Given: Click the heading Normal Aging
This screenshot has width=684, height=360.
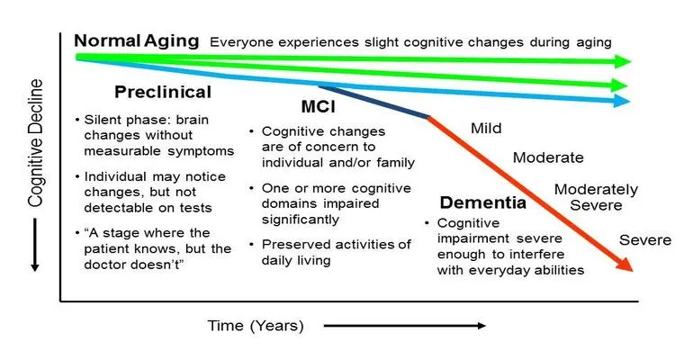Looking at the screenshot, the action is pyautogui.click(x=137, y=41).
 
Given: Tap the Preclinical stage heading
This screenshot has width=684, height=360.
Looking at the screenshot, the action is pyautogui.click(x=163, y=92).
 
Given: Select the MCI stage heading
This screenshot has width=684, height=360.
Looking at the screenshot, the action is pyautogui.click(x=319, y=106).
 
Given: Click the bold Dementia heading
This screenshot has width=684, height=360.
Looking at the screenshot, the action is pyautogui.click(x=483, y=202).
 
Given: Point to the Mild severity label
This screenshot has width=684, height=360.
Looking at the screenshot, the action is pyautogui.click(x=486, y=129).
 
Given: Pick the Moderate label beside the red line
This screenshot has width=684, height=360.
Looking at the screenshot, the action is pyautogui.click(x=548, y=157).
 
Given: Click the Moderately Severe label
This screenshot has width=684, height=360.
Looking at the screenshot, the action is pyautogui.click(x=596, y=197).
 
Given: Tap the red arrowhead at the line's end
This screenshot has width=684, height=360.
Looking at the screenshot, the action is pyautogui.click(x=625, y=264).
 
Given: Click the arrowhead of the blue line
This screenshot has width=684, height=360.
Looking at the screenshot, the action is pyautogui.click(x=622, y=101).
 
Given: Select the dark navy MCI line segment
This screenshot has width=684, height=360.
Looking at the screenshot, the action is pyautogui.click(x=374, y=102).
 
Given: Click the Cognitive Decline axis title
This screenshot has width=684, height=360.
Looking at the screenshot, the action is pyautogui.click(x=36, y=143).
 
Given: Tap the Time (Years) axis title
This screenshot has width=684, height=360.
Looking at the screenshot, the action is pyautogui.click(x=256, y=326).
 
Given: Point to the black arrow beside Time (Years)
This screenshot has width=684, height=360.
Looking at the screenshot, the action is pyautogui.click(x=405, y=326).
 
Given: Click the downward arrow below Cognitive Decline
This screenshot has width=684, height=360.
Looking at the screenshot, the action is pyautogui.click(x=35, y=245).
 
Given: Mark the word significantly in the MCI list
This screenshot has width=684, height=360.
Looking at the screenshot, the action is pyautogui.click(x=300, y=220).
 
